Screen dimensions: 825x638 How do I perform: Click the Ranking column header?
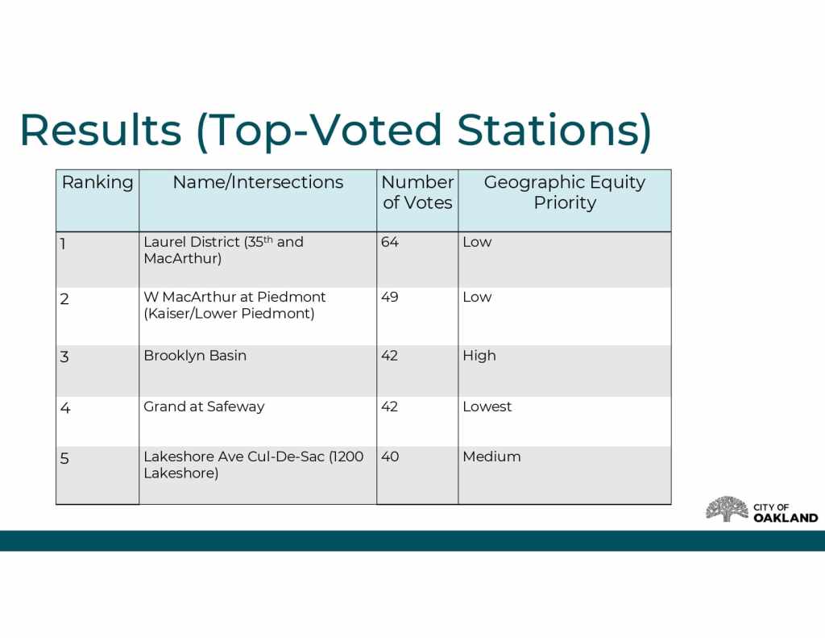pyautogui.click(x=97, y=183)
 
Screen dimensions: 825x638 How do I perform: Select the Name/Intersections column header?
pyautogui.click(x=258, y=182)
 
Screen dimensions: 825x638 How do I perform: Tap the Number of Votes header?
pyautogui.click(x=417, y=192)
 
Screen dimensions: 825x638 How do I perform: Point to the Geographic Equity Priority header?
pyautogui.click(x=565, y=192)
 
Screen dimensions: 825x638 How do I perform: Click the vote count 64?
pyautogui.click(x=390, y=242)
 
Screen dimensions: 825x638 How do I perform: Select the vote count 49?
pyautogui.click(x=390, y=297)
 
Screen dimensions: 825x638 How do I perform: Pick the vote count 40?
pyautogui.click(x=390, y=457)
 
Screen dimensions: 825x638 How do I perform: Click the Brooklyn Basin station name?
pyautogui.click(x=195, y=357)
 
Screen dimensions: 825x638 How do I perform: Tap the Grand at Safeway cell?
pyautogui.click(x=204, y=407)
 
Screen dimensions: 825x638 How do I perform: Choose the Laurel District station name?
pyautogui.click(x=224, y=250)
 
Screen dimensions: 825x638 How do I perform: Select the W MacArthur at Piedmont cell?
pyautogui.click(x=234, y=305)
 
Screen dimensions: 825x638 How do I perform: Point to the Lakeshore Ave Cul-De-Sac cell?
pyautogui.click(x=254, y=465)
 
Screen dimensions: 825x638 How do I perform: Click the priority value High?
pyautogui.click(x=479, y=357)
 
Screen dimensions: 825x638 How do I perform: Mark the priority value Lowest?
pyautogui.click(x=487, y=407)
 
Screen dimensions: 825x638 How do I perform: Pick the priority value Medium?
pyautogui.click(x=492, y=457)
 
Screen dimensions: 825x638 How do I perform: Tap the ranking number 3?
pyautogui.click(x=64, y=357)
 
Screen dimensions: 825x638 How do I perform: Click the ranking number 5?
pyautogui.click(x=64, y=458)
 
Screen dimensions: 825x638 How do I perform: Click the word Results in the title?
pyautogui.click(x=101, y=130)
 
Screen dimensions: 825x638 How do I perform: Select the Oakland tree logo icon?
pyautogui.click(x=727, y=509)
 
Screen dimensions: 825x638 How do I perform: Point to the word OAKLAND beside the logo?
pyautogui.click(x=786, y=518)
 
